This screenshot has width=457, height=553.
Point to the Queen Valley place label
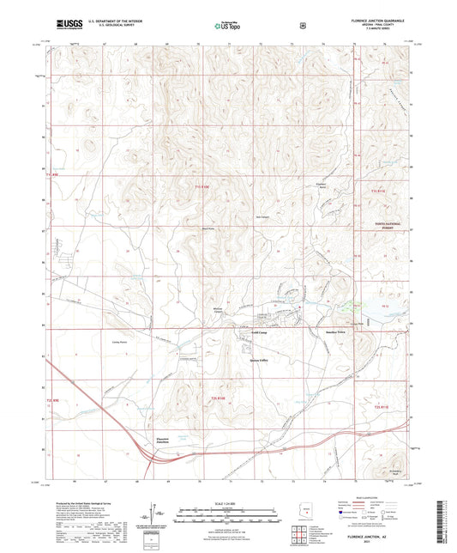[x=260, y=360]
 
